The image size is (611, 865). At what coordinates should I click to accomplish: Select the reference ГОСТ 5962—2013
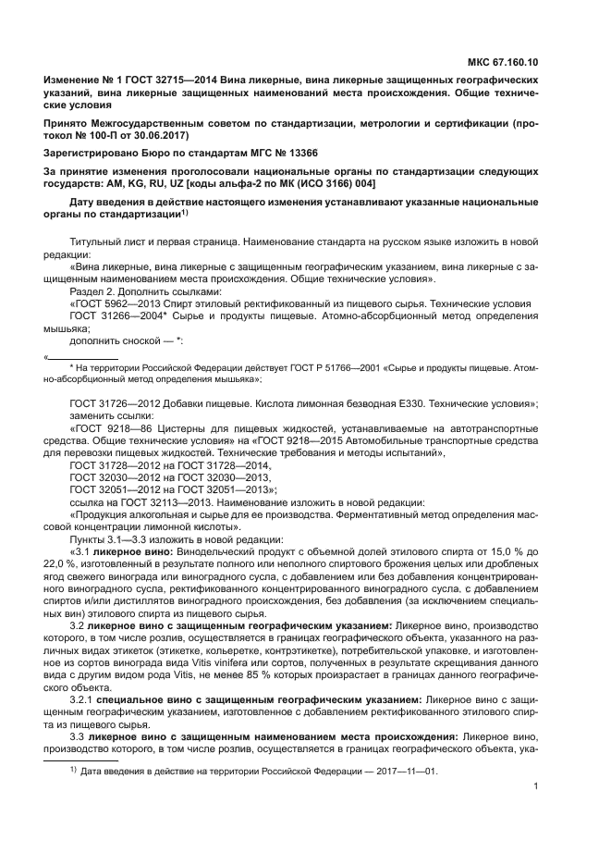click(112, 303)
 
